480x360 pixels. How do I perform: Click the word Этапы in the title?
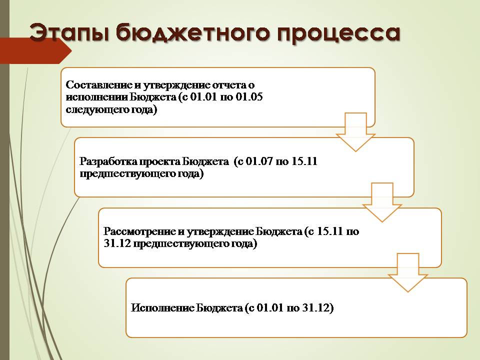pyautogui.click(x=69, y=32)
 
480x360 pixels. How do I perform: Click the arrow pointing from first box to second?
pyautogui.click(x=355, y=132)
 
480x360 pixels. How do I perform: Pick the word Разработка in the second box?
pyautogui.click(x=108, y=161)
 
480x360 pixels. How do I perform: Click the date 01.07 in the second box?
pyautogui.click(x=259, y=161)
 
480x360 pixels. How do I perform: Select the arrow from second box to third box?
pyautogui.click(x=381, y=202)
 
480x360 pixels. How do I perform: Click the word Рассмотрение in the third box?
pyautogui.click(x=139, y=231)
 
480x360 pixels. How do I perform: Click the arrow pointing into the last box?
pyautogui.click(x=408, y=272)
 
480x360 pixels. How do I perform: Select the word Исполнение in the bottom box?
pyautogui.click(x=162, y=307)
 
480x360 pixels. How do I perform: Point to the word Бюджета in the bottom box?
pyautogui.click(x=219, y=308)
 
